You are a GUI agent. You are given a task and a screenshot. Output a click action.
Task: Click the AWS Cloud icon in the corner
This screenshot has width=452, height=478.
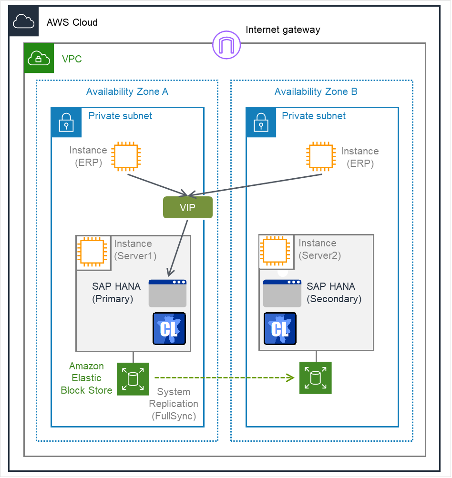coord(24,21)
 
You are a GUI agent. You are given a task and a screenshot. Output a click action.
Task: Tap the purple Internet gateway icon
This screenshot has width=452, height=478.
coord(226,46)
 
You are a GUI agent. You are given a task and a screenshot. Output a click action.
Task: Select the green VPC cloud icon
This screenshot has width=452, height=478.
coord(39,58)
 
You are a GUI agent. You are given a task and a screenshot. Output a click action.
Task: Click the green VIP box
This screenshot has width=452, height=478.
coord(187,207)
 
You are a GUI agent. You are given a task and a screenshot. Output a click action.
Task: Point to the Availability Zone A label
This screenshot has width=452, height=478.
coord(127,92)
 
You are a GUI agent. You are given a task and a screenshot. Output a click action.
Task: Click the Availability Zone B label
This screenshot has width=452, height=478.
coord(316,92)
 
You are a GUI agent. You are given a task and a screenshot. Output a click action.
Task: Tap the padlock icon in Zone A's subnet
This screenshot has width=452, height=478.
coord(66,122)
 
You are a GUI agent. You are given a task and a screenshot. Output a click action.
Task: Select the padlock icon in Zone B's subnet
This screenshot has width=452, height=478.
coord(261,122)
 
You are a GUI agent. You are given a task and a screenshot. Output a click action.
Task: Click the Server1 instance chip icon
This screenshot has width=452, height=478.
coord(92,252)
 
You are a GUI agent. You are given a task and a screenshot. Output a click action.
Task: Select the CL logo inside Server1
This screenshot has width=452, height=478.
coord(169,329)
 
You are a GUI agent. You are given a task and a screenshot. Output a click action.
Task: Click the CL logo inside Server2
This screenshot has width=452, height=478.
coord(280,329)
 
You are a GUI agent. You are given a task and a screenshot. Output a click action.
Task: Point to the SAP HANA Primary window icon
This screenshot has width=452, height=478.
coord(167,294)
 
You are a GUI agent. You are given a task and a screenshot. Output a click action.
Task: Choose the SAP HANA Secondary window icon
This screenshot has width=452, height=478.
coord(282,294)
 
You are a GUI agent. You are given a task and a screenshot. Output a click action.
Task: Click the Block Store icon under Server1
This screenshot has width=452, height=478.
coord(133,379)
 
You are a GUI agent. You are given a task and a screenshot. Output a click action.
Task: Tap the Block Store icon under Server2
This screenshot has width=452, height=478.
coord(315,378)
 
